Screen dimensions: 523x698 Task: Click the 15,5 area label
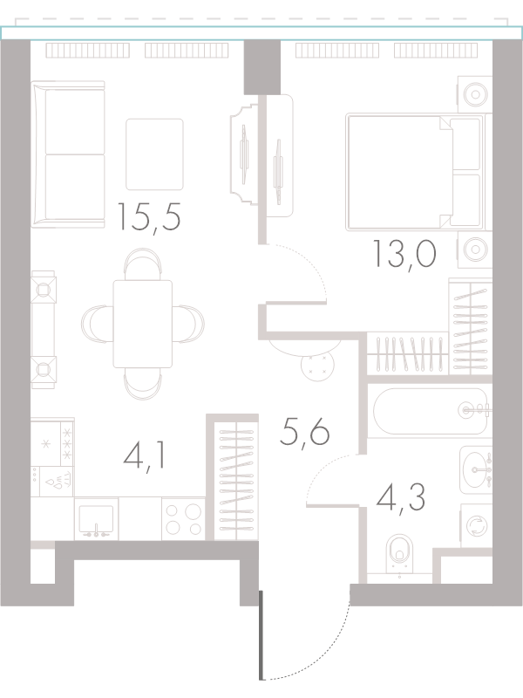pyautogui.click(x=148, y=216)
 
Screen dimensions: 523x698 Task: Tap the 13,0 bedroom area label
pyautogui.click(x=404, y=253)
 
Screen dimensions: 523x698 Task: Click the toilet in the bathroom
pyautogui.click(x=399, y=554)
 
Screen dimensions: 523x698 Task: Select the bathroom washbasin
pyautogui.click(x=476, y=469)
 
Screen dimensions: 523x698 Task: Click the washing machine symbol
pyautogui.click(x=476, y=525)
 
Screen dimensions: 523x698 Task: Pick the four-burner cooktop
pyautogui.click(x=183, y=519)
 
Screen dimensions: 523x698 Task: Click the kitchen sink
pyautogui.click(x=96, y=519)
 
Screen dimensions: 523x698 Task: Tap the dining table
pyautogui.click(x=142, y=324)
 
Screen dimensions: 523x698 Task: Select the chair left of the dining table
pyautogui.click(x=94, y=324)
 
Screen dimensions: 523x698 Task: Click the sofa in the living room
pyautogui.click(x=68, y=154)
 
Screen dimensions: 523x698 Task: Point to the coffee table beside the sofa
pyautogui.click(x=154, y=154)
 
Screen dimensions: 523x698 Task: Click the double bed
pyautogui.click(x=415, y=172)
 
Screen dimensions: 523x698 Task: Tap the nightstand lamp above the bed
pyautogui.click(x=475, y=94)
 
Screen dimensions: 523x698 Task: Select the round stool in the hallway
pyautogui.click(x=317, y=365)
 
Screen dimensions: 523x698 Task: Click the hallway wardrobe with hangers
pyautogui.click(x=235, y=481)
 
